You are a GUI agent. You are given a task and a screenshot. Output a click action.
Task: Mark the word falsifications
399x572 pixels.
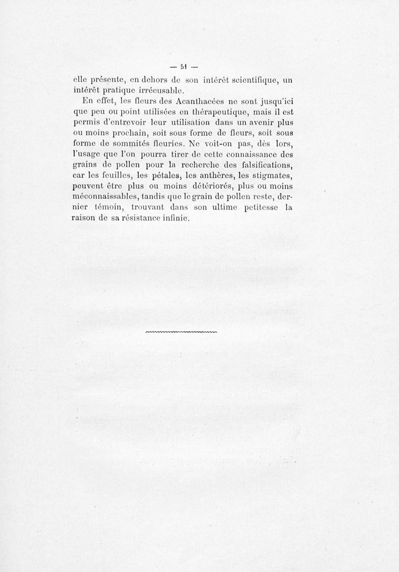click(259, 170)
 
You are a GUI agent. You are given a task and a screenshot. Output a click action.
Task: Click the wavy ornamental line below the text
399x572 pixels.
click(182, 331)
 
